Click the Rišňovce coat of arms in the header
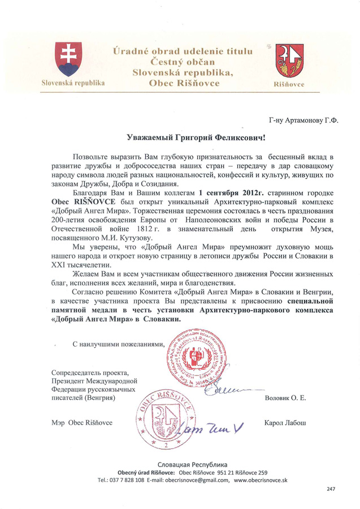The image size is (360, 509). [x=290, y=61]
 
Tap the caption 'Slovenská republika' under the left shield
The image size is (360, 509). [x=73, y=83]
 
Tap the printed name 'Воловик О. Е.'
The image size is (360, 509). [x=285, y=399]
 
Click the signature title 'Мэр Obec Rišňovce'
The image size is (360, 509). [x=82, y=423]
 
